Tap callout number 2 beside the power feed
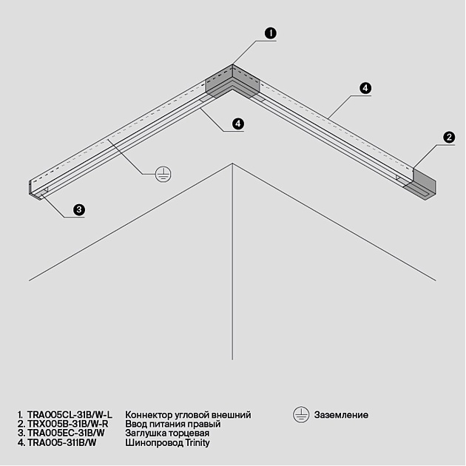(448, 137)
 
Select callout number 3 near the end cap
(79, 210)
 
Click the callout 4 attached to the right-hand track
(365, 88)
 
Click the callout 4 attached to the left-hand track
(238, 124)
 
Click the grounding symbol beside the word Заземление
(301, 415)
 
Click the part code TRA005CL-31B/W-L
(69, 415)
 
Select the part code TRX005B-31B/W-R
(67, 425)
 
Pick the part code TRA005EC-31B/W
(66, 433)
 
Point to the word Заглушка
(147, 433)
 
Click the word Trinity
(196, 443)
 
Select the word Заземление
(341, 416)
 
